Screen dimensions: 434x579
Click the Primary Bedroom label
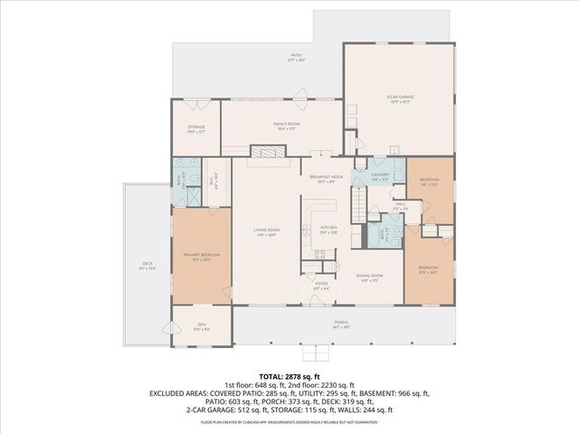point(201,257)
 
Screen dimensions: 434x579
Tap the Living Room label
point(266,231)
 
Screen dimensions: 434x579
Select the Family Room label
point(287,126)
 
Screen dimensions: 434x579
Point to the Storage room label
point(196,128)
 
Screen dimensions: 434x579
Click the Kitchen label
point(328,230)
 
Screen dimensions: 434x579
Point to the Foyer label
point(320,285)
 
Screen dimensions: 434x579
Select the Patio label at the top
point(294,57)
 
